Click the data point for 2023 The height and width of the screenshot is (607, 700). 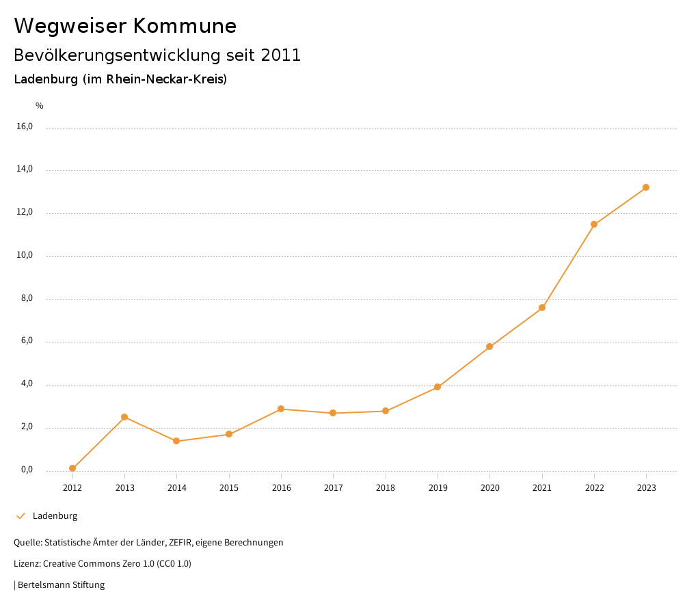pyautogui.click(x=646, y=187)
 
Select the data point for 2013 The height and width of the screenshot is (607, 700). pyautogui.click(x=124, y=417)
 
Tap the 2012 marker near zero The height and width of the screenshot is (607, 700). pyautogui.click(x=72, y=468)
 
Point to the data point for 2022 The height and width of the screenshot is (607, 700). pyautogui.click(x=594, y=224)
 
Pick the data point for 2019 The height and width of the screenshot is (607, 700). pyautogui.click(x=437, y=387)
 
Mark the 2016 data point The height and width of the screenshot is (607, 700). pyautogui.click(x=281, y=409)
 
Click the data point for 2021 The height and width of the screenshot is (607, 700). pyautogui.click(x=542, y=308)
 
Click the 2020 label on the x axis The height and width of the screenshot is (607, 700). pyautogui.click(x=489, y=488)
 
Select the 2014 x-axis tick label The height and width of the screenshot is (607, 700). pyautogui.click(x=176, y=488)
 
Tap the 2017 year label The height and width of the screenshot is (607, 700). pyautogui.click(x=333, y=488)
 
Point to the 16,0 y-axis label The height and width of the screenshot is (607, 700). pyautogui.click(x=25, y=126)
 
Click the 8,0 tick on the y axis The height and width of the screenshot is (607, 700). pyautogui.click(x=26, y=299)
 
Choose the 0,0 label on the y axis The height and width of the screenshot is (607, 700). pyautogui.click(x=26, y=470)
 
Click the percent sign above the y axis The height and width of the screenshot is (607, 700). pyautogui.click(x=40, y=106)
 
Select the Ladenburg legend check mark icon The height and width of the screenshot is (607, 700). pyautogui.click(x=21, y=516)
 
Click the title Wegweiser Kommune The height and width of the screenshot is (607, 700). pyautogui.click(x=125, y=26)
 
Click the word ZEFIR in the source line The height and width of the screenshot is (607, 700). pyautogui.click(x=181, y=543)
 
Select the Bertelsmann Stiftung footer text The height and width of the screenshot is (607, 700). pyautogui.click(x=61, y=585)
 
